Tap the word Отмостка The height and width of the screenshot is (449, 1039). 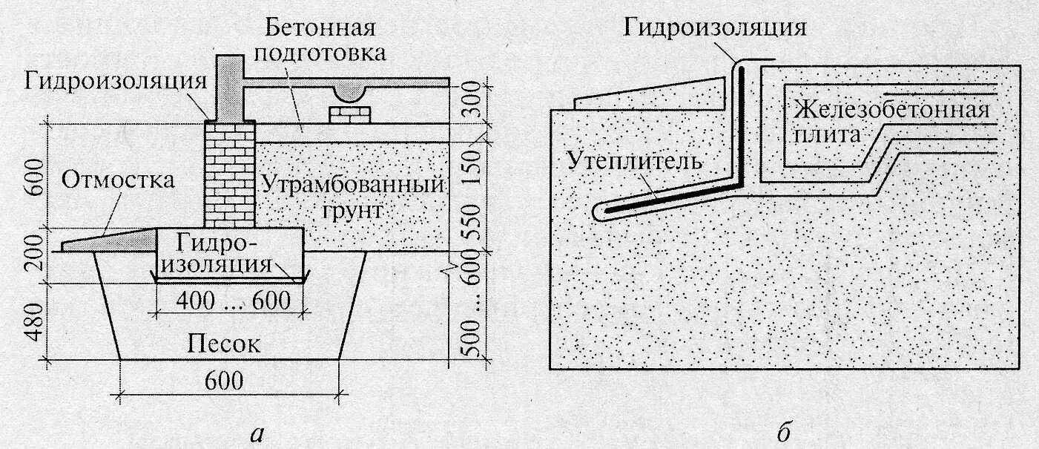click(119, 180)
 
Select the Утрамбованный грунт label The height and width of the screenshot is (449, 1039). click(353, 197)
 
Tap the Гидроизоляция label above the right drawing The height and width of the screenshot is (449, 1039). click(714, 28)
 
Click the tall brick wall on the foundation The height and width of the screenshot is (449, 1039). click(228, 175)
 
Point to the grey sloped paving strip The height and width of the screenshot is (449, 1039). click(111, 240)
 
